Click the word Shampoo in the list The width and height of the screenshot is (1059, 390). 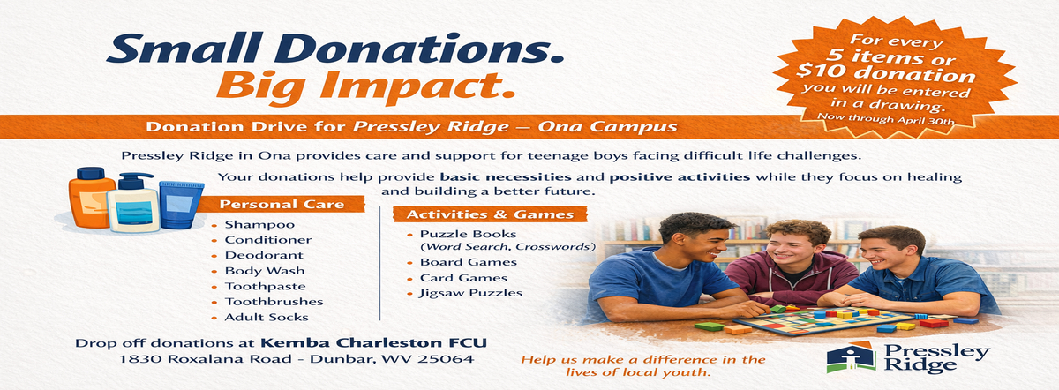pos(247,225)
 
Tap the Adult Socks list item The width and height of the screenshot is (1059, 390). pos(259,317)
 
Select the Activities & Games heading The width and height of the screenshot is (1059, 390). pos(488,214)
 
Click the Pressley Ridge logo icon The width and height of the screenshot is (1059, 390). pos(845,357)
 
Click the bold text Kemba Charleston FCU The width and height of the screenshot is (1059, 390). pos(373,341)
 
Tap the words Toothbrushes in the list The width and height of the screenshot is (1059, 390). pos(265,302)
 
